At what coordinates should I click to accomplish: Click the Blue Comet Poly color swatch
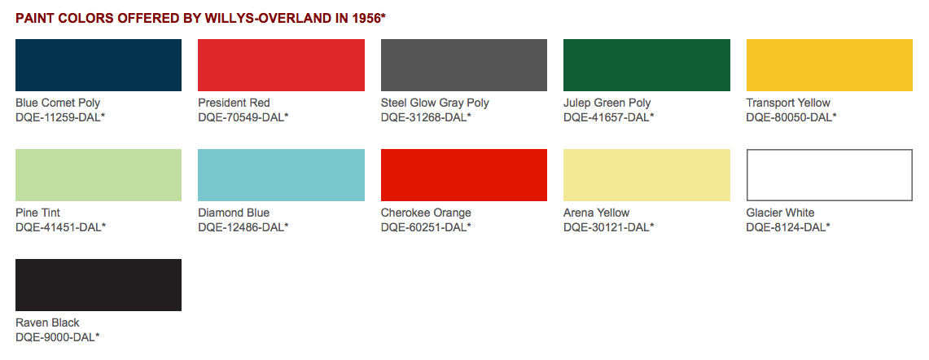tap(99, 65)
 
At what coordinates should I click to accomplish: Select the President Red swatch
tap(281, 65)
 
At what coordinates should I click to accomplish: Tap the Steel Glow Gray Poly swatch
tap(464, 65)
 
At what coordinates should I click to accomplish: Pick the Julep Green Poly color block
tap(646, 65)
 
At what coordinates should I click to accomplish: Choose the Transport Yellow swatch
tap(830, 65)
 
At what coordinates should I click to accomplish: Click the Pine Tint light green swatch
tap(99, 175)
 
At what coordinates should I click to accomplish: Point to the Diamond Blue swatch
tap(281, 175)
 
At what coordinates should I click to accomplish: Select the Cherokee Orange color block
tap(464, 175)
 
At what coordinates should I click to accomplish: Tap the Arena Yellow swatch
tap(646, 175)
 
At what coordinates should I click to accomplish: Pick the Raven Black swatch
tap(99, 285)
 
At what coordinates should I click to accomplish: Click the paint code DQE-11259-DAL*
tap(60, 117)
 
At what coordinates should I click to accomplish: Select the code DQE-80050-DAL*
tap(791, 117)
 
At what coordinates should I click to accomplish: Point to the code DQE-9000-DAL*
tap(58, 337)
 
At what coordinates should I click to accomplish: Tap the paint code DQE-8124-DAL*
tap(788, 227)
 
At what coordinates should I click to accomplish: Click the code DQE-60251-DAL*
tap(426, 227)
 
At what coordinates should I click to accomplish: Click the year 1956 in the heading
tap(366, 18)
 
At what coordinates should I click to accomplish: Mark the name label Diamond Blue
tap(234, 213)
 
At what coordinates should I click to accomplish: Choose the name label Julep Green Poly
tap(607, 103)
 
